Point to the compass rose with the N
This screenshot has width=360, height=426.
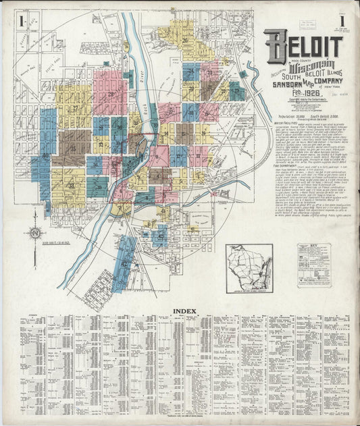[x=34, y=234]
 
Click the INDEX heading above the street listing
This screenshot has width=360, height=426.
[x=184, y=311]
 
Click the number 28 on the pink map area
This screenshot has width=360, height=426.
[x=110, y=93]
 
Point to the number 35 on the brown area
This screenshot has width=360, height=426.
[x=73, y=147]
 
